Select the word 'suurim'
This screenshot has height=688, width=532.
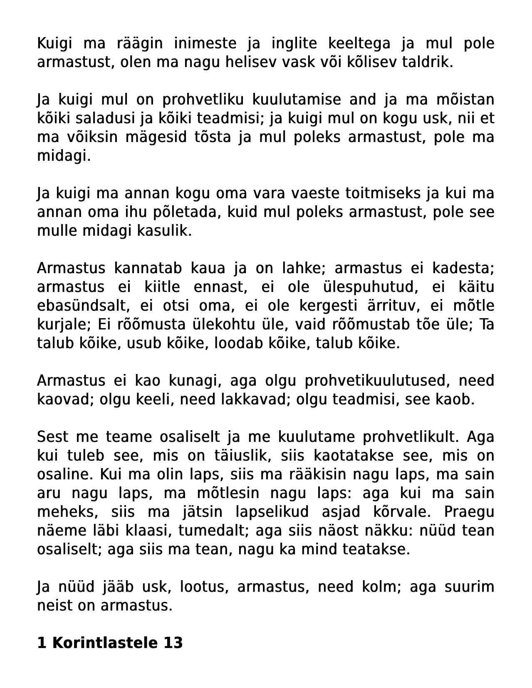pos(469,587)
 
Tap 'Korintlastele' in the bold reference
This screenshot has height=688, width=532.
pos(105,643)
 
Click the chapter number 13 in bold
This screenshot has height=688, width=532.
pos(173,643)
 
